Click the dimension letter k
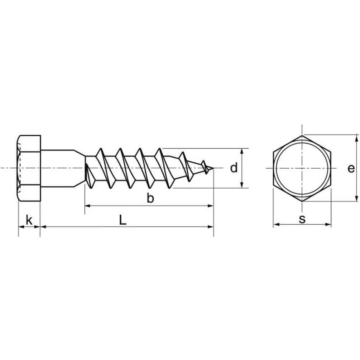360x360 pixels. coord(29,220)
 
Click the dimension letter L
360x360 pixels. coord(123,220)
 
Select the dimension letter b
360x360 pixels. coord(150,198)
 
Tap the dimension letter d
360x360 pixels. coord(234,168)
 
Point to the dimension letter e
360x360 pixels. coord(351,169)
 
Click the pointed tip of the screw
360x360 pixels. coord(213,168)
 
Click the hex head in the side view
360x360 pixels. coord(29,168)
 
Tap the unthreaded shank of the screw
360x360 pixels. coord(57,168)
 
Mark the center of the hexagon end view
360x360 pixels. coord(302,168)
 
